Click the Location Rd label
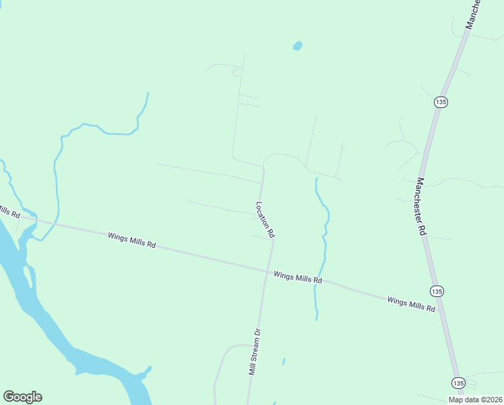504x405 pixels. tap(265, 219)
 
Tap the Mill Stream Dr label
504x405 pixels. tap(254, 352)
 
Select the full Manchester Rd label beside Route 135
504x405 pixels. tap(422, 206)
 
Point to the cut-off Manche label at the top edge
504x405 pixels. tap(474, 13)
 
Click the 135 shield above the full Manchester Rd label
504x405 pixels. tap(440, 101)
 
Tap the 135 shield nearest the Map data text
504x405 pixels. tap(458, 382)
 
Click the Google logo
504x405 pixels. tap(22, 397)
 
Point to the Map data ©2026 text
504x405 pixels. tap(475, 400)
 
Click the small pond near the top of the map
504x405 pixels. tap(297, 46)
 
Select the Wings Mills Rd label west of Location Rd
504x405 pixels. tap(131, 240)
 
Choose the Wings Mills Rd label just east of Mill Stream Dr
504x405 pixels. tap(298, 277)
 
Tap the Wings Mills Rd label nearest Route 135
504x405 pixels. tap(411, 303)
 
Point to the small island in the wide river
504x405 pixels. tap(29, 276)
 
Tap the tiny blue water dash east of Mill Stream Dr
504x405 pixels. tap(284, 361)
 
